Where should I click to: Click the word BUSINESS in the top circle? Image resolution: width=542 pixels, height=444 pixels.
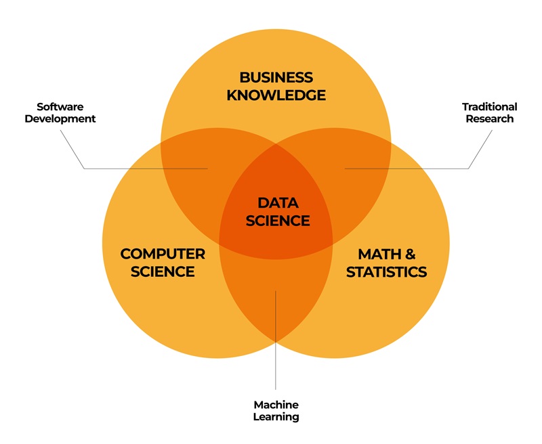click(x=276, y=77)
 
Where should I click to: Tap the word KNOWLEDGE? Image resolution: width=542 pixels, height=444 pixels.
click(x=276, y=95)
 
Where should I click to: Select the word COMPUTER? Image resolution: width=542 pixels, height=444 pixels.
click(x=163, y=254)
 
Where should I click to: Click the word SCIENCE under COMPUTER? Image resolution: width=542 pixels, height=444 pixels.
click(x=163, y=271)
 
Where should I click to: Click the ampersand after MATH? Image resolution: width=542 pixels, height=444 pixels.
click(x=409, y=254)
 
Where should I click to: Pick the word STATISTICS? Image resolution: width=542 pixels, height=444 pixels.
click(x=386, y=272)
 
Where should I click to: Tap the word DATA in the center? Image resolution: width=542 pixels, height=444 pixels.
click(x=278, y=203)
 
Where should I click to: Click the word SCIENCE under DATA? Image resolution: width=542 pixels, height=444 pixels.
click(x=278, y=221)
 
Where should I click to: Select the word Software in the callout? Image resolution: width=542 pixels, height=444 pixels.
click(x=60, y=107)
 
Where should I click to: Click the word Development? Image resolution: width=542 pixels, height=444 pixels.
click(x=60, y=118)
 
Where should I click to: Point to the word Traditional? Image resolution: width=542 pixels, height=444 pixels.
click(x=489, y=107)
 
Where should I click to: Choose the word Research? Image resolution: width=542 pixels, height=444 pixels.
click(x=489, y=118)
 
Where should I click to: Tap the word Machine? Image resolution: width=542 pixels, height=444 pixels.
click(x=276, y=405)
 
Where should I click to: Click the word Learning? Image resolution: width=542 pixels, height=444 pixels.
click(x=276, y=417)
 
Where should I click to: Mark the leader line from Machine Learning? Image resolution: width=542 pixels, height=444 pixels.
click(x=276, y=340)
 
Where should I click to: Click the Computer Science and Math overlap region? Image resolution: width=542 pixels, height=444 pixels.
click(x=276, y=297)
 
